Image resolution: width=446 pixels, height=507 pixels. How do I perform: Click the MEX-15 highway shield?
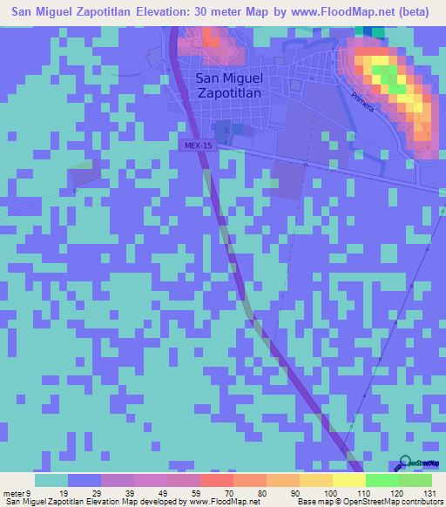(x=197, y=145)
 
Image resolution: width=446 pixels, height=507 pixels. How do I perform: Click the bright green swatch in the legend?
(x=382, y=480)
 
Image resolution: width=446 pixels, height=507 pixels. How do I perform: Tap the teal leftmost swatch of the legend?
(x=51, y=480)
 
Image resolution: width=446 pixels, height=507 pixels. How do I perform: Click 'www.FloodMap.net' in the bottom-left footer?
(x=220, y=502)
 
